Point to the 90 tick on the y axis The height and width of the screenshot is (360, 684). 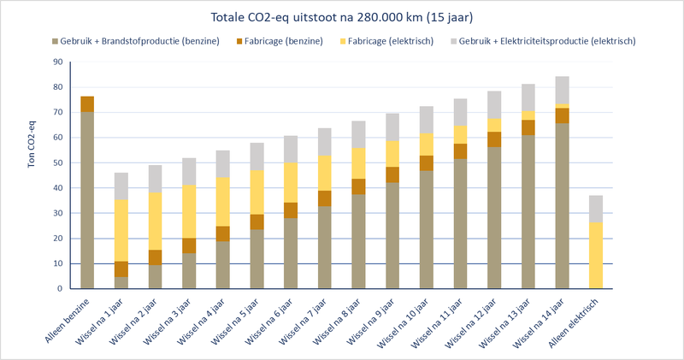coord(58,62)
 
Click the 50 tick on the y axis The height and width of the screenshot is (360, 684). coord(58,163)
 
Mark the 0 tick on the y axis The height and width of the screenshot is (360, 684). coord(61,289)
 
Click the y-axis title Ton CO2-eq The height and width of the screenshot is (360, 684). coord(32,175)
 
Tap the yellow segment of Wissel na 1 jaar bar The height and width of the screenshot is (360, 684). coord(121,230)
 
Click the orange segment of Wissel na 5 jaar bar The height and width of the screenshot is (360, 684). coord(256,221)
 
